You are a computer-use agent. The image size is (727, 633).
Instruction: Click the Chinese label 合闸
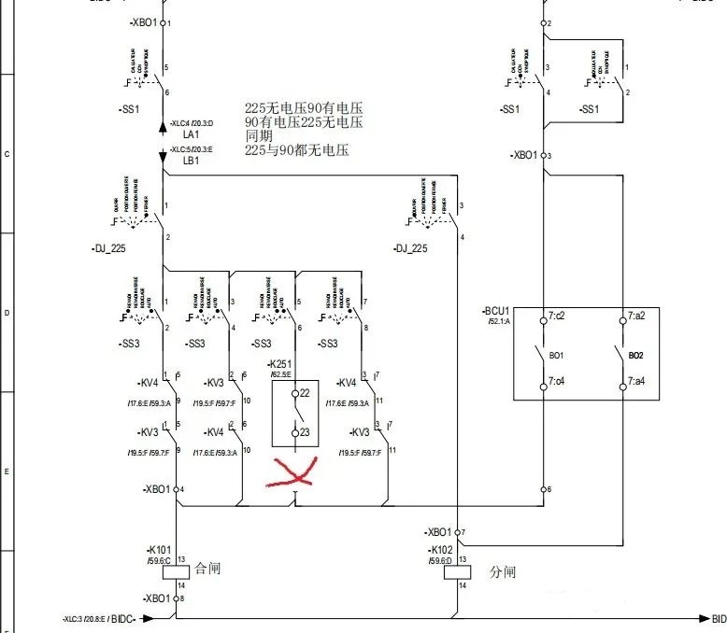click(x=207, y=568)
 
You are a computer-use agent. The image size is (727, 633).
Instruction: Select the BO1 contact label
click(x=556, y=356)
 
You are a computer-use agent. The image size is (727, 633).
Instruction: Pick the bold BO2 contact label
click(x=635, y=356)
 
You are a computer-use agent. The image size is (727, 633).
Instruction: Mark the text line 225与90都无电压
click(x=296, y=149)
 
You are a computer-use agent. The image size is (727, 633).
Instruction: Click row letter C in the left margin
click(x=7, y=153)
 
